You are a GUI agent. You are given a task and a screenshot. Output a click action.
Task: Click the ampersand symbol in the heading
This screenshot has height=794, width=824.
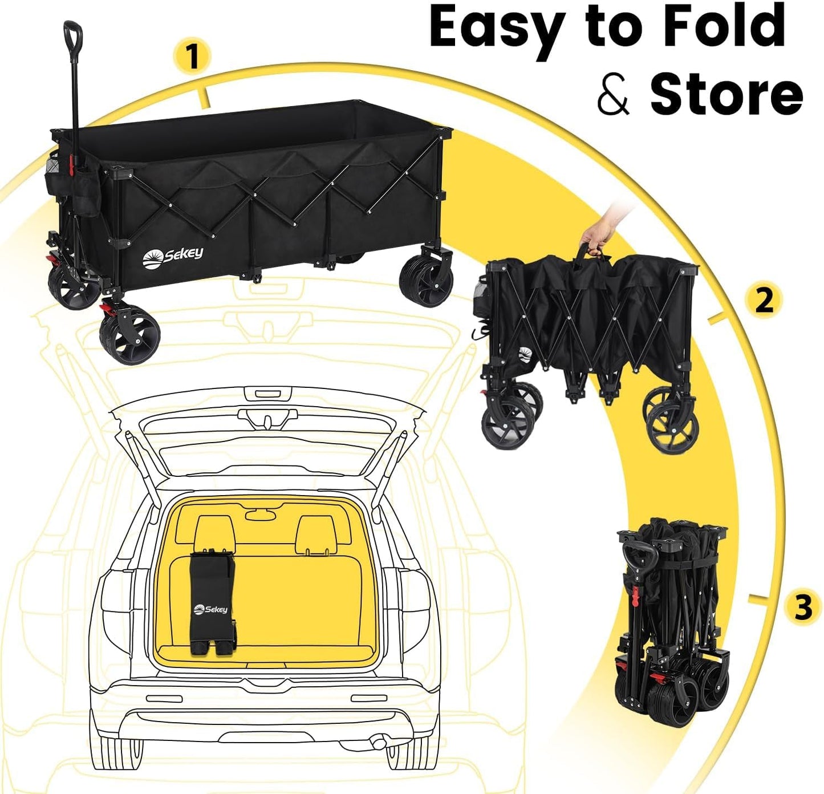tap(613, 95)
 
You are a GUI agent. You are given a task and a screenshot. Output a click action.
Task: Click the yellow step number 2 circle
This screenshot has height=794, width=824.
tap(764, 300)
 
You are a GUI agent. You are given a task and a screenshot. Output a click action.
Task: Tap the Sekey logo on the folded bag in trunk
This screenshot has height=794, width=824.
tap(210, 609)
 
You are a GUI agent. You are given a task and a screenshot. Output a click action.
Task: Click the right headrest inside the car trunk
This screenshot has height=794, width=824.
tap(315, 534)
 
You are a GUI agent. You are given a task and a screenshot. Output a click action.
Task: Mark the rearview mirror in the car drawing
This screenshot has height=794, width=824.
tap(261, 515)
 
